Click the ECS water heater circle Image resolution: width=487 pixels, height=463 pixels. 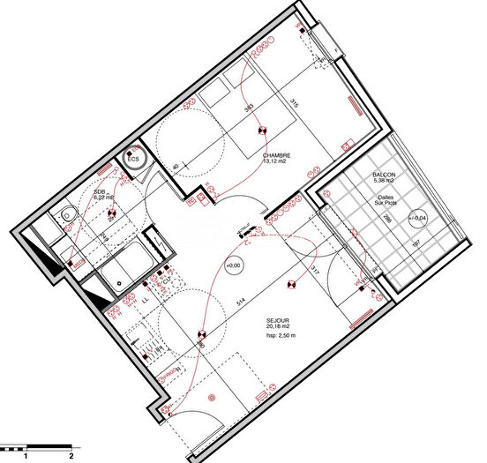point(134,159)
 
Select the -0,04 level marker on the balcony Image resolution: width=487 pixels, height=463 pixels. point(419,217)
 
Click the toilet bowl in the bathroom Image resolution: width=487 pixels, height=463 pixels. point(69,214)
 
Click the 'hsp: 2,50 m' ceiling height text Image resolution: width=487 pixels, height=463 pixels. point(282,335)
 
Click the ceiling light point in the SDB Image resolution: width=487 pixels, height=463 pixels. point(111,213)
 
